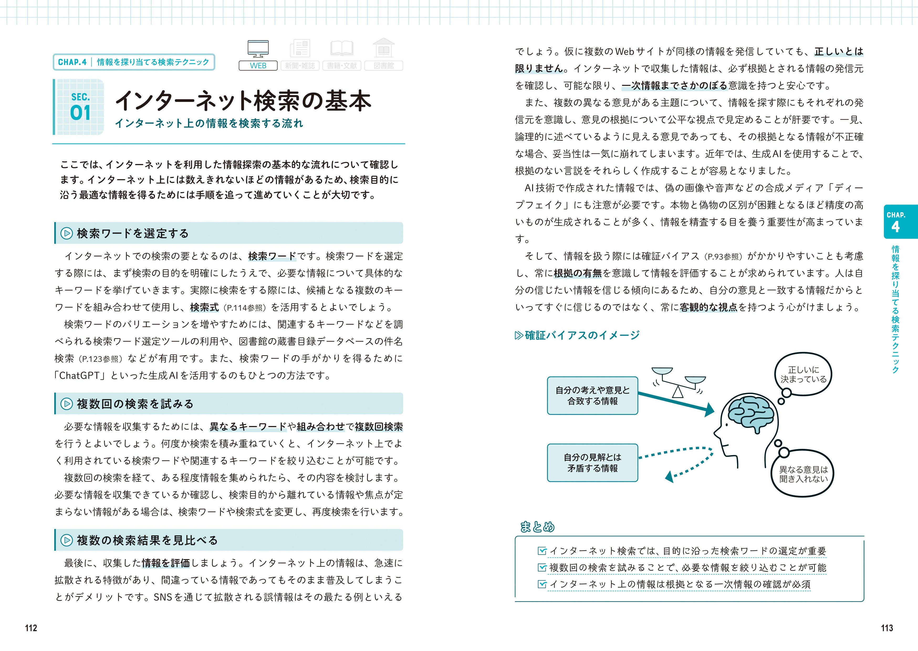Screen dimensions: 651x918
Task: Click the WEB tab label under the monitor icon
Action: click(258, 66)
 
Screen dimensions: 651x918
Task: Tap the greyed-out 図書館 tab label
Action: click(384, 66)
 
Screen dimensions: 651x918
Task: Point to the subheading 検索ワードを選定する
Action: click(132, 233)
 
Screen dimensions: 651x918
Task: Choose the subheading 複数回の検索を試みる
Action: click(135, 404)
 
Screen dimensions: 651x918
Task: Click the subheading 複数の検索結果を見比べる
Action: click(147, 540)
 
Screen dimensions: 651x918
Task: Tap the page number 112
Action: click(31, 628)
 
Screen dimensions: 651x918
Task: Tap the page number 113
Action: click(887, 628)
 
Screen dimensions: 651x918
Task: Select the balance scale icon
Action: click(678, 381)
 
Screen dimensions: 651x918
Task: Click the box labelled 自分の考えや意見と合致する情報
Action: click(592, 396)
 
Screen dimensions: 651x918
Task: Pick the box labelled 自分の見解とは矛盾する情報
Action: click(592, 463)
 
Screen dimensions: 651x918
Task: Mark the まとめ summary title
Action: click(537, 527)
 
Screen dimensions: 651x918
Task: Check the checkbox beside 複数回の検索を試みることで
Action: click(542, 568)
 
